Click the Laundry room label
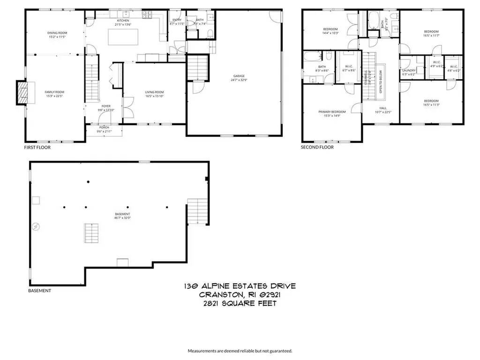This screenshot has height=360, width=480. (x=409, y=72)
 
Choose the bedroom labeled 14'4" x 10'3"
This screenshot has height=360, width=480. (x=330, y=31)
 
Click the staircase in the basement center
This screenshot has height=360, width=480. (x=92, y=232)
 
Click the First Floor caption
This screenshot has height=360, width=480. (x=37, y=147)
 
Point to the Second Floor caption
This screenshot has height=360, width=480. (x=317, y=147)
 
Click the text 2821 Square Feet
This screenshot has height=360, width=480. (x=240, y=303)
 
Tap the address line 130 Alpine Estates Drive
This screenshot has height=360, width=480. (x=240, y=286)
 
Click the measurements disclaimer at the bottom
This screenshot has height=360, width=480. (x=240, y=351)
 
